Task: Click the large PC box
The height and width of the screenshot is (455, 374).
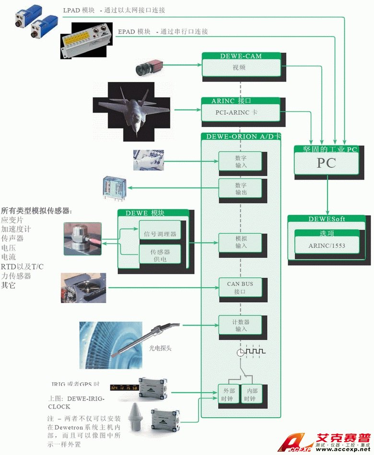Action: tap(326, 163)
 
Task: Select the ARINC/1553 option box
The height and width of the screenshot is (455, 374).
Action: tap(327, 246)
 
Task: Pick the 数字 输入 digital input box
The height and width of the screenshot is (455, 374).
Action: tap(241, 161)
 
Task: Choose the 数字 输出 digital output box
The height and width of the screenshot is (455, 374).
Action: tap(241, 188)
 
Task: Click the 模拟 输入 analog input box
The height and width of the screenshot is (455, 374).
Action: tap(241, 242)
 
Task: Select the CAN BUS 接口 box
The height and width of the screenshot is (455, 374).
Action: tap(240, 288)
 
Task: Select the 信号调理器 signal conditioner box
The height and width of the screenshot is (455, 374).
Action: tap(160, 234)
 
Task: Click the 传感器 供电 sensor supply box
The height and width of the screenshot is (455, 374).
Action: tap(160, 256)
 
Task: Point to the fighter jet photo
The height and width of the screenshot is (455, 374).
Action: tap(132, 111)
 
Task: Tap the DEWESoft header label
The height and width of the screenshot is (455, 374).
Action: tap(327, 219)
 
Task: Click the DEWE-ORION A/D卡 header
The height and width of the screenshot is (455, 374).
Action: tap(241, 136)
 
